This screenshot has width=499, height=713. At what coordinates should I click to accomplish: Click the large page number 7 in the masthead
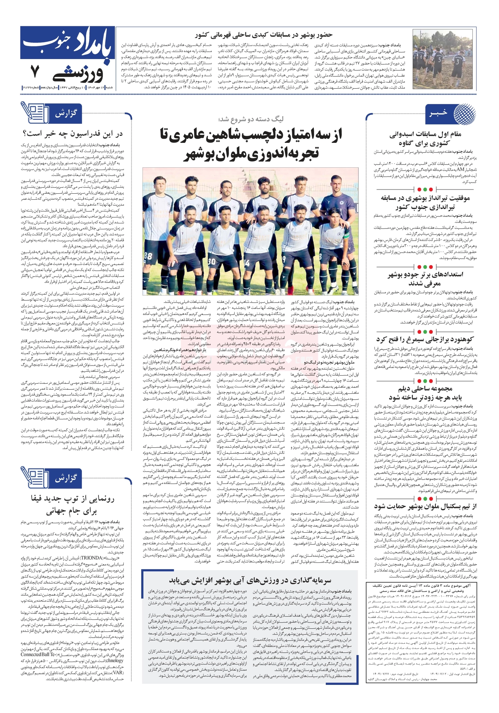tap(35, 71)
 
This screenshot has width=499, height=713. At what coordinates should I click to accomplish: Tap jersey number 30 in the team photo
tap(211, 261)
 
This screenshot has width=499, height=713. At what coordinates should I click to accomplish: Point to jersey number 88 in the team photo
tap(148, 256)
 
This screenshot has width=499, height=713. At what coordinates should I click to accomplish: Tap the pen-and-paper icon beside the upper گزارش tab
tap(35, 113)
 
